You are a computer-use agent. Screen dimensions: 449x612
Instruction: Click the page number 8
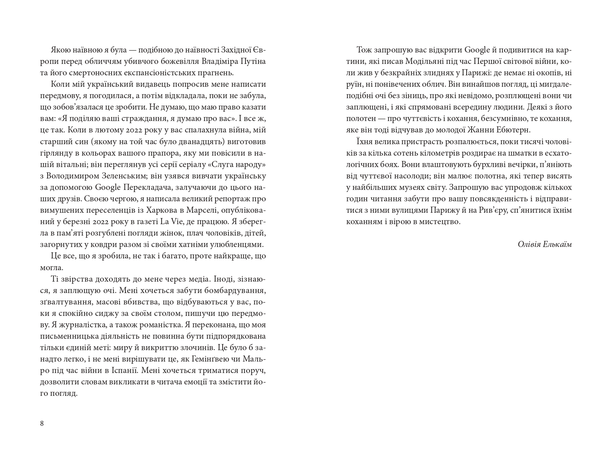[x=42, y=423]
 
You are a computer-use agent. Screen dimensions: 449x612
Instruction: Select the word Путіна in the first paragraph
[x=254, y=62]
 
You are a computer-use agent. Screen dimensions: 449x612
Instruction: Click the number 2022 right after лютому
[x=146, y=130]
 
